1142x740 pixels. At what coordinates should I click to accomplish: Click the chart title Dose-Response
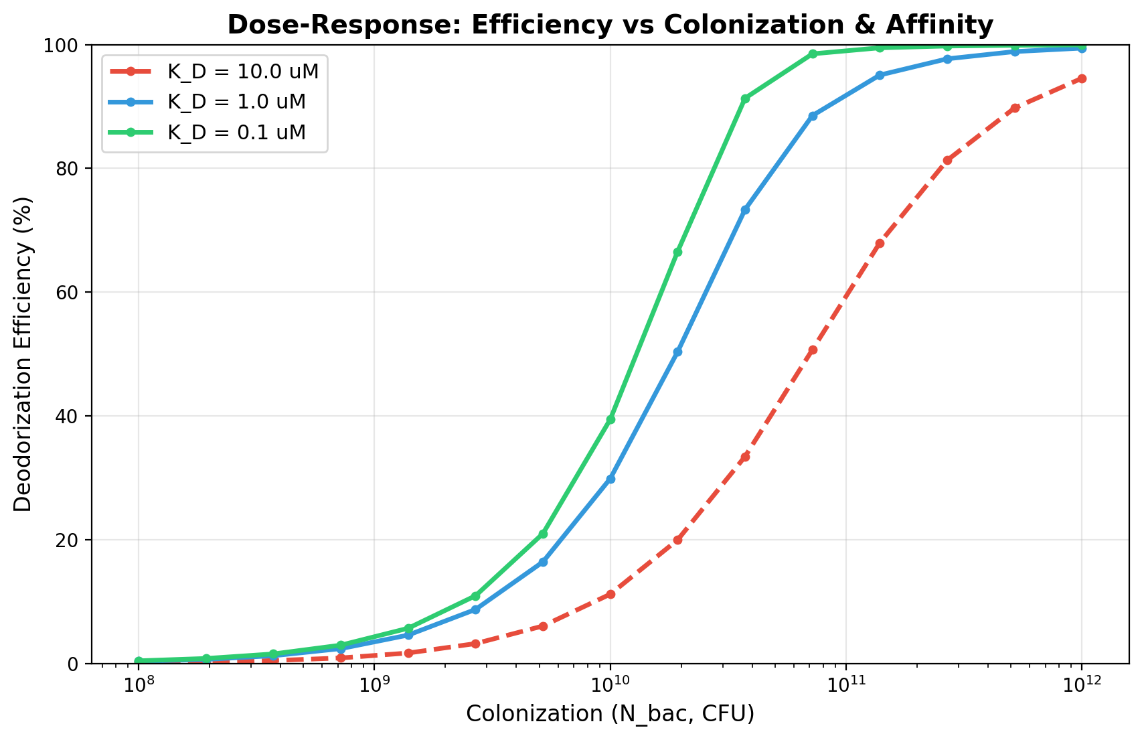click(x=610, y=25)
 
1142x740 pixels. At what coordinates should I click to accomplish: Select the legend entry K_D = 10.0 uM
click(x=243, y=71)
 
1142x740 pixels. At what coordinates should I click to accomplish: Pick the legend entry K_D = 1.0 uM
click(x=236, y=102)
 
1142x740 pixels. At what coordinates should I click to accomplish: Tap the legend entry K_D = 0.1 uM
click(x=236, y=133)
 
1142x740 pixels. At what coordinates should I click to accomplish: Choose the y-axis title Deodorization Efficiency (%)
click(x=23, y=354)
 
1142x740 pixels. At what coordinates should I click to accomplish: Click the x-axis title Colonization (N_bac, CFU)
click(x=610, y=715)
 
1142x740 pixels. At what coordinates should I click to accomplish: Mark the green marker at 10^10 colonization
click(x=610, y=420)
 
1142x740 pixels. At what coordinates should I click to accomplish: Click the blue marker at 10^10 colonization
click(x=610, y=479)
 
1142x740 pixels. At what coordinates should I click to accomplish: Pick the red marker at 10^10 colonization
click(x=610, y=594)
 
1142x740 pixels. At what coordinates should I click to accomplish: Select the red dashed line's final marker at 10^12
click(x=1082, y=78)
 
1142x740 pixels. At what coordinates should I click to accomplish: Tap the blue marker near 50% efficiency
click(x=677, y=352)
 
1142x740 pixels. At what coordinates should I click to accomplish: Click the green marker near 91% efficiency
click(x=745, y=98)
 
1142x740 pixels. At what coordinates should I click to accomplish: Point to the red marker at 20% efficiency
click(x=677, y=540)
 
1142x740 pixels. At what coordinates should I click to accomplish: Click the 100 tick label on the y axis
click(x=70, y=46)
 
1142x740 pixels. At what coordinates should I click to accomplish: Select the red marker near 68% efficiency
click(x=880, y=243)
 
